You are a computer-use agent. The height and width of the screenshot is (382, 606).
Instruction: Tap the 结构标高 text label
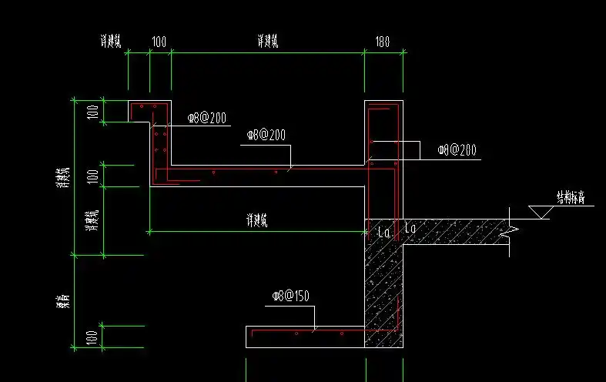click(x=571, y=197)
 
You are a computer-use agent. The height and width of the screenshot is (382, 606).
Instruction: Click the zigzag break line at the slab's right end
click(x=510, y=230)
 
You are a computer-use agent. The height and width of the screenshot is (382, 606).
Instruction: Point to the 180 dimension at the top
click(x=382, y=42)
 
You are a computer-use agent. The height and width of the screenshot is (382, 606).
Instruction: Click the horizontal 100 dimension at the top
click(x=159, y=42)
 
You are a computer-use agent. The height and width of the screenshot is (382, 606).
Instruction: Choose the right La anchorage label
click(x=410, y=229)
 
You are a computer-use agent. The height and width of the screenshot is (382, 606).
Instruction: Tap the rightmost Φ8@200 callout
click(x=454, y=149)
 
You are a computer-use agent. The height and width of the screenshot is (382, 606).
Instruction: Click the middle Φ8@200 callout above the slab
click(x=266, y=135)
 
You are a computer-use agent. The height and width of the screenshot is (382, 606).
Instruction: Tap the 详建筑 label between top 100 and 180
click(x=267, y=42)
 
